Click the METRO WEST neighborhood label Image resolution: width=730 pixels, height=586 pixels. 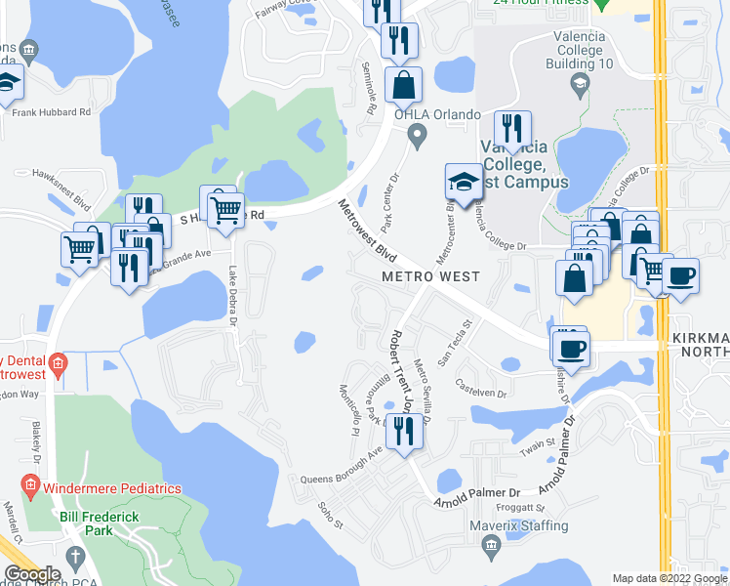click(430, 276)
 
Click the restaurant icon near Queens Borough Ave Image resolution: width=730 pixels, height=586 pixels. click(403, 431)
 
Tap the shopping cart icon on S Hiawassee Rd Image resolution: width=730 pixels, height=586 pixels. click(226, 209)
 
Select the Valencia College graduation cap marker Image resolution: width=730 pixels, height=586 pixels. click(464, 183)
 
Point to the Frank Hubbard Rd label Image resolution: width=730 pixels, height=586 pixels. click(51, 112)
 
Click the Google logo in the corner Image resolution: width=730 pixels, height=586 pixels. click(32, 574)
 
